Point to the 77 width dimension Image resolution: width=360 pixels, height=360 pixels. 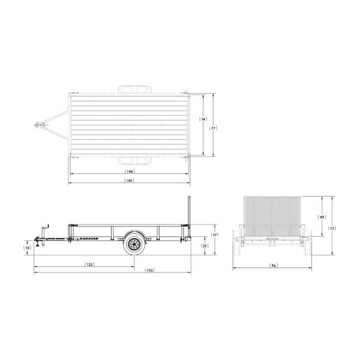click(x=212, y=127)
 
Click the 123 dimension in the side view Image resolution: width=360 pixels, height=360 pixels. click(x=89, y=264)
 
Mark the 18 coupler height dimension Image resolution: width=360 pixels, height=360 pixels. click(x=28, y=247)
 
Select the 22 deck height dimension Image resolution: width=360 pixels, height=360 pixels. click(x=205, y=246)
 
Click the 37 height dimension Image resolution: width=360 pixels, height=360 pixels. click(x=214, y=235)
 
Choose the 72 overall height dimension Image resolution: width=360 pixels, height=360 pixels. click(x=331, y=229)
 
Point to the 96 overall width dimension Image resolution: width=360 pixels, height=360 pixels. click(x=273, y=265)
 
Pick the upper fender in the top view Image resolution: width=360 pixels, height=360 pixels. click(x=134, y=89)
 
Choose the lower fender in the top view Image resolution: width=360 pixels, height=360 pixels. click(x=134, y=160)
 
